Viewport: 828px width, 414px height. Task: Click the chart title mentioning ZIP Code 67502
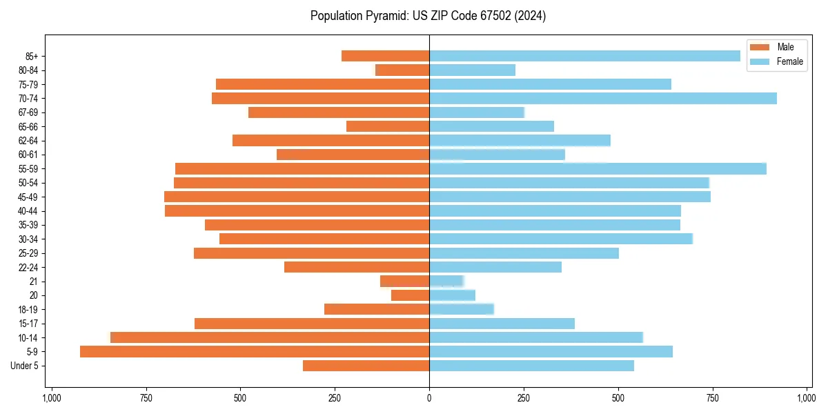tap(428, 16)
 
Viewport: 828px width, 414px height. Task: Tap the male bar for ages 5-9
tap(255, 352)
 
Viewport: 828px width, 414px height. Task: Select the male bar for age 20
tap(411, 295)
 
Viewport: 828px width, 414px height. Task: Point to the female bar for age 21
tap(446, 282)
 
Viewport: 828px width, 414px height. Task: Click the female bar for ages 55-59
tap(598, 169)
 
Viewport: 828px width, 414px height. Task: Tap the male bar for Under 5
tap(366, 366)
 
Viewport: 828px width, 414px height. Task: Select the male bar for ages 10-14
tap(270, 337)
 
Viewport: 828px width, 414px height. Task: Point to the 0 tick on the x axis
tap(429, 398)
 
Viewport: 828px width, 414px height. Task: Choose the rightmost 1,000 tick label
tap(807, 398)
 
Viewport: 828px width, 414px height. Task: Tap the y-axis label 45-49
tap(28, 197)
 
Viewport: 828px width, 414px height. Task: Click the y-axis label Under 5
tap(24, 366)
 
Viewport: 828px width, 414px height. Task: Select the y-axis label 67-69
tap(28, 112)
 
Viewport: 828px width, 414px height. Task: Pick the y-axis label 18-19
tap(28, 310)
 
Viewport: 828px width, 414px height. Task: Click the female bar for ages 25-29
tap(524, 253)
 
